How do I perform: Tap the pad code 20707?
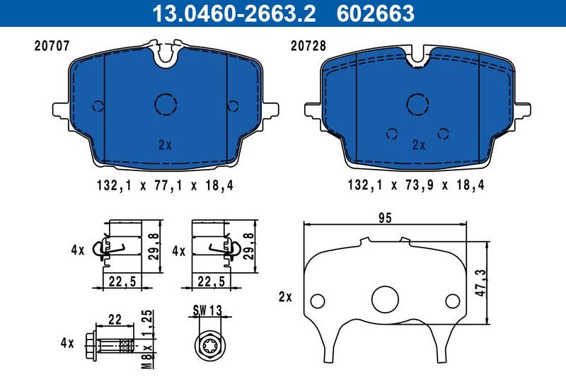(x=51, y=47)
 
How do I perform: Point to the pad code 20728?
(x=308, y=47)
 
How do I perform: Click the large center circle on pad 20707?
(x=165, y=104)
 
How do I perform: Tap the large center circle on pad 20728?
(x=419, y=104)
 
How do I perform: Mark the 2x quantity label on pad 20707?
(x=165, y=145)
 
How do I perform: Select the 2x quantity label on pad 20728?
(x=419, y=145)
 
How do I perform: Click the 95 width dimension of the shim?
(x=384, y=219)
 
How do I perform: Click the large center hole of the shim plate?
(x=386, y=298)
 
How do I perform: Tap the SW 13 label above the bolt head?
(x=207, y=309)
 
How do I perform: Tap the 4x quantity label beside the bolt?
(x=67, y=343)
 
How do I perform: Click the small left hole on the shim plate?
(x=318, y=299)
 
